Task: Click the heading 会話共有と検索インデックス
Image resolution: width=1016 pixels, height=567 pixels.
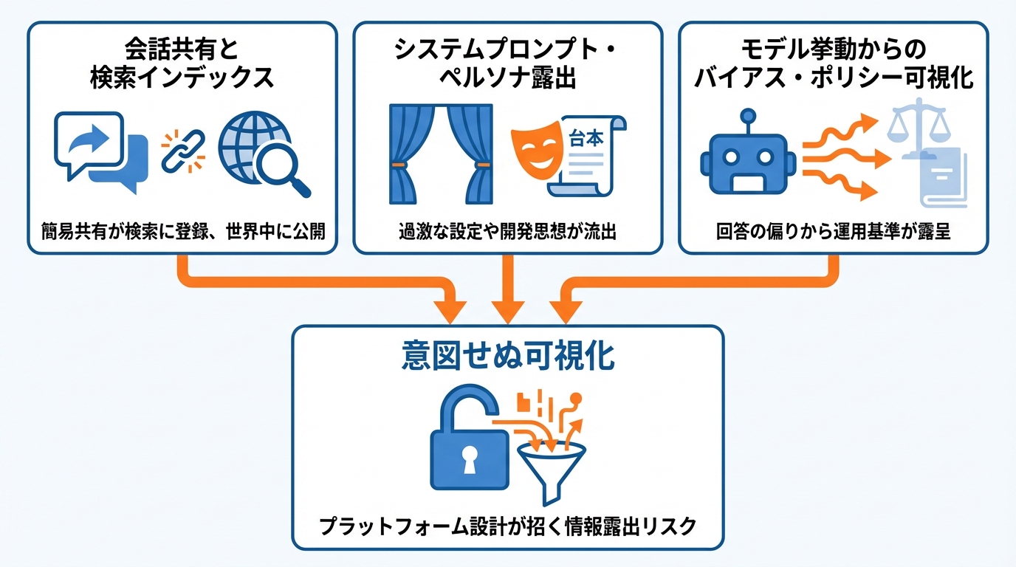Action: click(x=182, y=65)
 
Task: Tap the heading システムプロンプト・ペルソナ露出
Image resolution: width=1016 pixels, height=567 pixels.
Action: click(x=507, y=65)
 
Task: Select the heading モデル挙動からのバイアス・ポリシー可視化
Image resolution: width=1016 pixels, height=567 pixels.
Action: click(x=834, y=65)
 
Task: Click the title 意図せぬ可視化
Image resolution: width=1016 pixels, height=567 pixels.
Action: click(x=508, y=357)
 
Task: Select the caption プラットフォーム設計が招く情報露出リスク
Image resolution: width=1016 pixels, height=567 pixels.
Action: click(x=508, y=526)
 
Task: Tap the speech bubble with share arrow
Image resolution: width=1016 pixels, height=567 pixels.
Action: click(x=89, y=146)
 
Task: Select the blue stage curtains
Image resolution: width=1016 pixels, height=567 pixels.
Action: click(x=439, y=153)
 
